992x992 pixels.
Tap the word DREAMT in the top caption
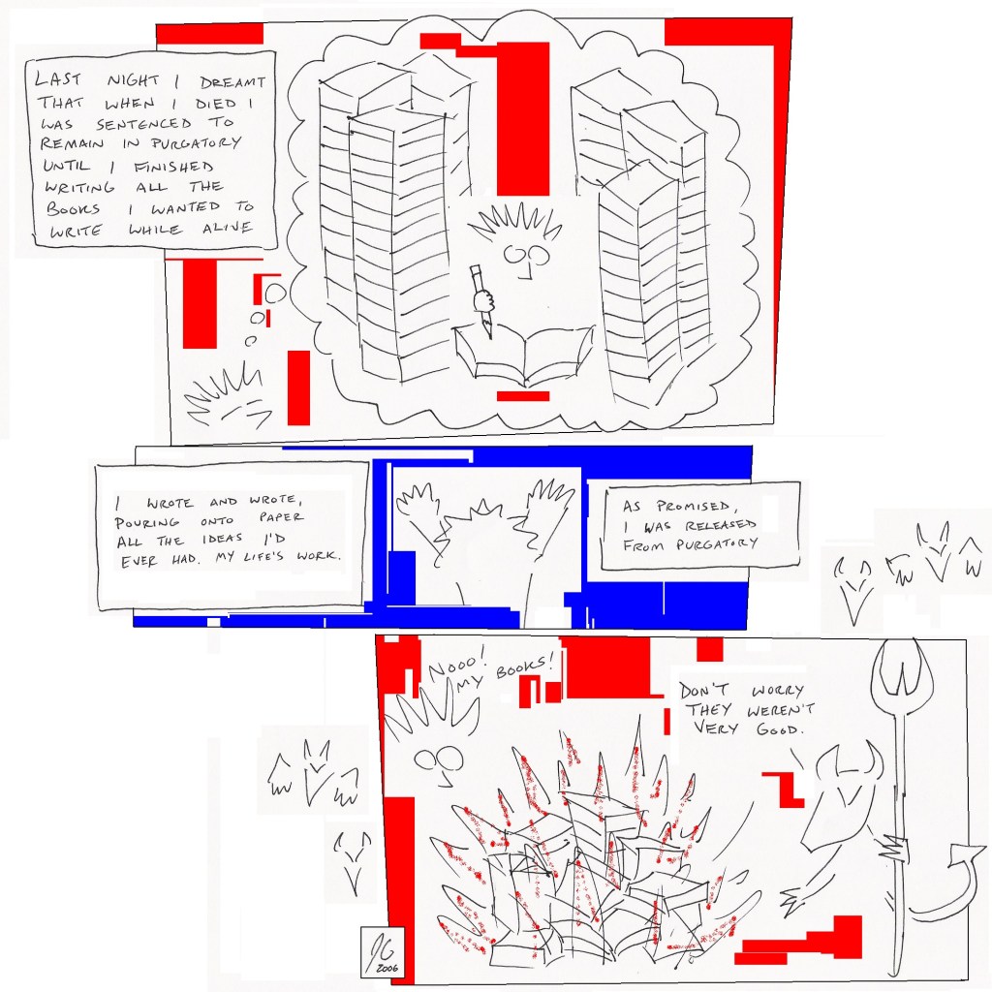pos(232,82)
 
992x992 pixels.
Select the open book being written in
pos(524,355)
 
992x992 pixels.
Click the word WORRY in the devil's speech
pos(778,690)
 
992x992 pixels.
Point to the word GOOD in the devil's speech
pos(779,728)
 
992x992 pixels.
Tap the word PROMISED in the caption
pos(693,506)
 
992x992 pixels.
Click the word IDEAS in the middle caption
pos(222,539)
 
